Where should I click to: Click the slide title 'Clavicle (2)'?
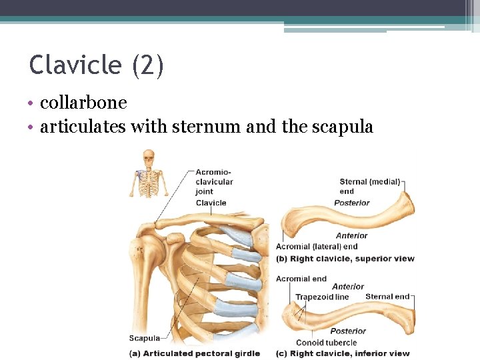(96, 66)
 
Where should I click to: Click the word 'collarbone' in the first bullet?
(83, 103)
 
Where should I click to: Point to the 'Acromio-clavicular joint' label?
(214, 181)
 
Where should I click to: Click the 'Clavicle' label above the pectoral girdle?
(211, 203)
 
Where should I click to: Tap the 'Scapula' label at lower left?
(145, 338)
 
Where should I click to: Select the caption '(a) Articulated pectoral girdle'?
(195, 353)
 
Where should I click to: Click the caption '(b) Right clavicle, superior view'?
(345, 259)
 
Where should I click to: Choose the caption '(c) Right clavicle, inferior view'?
(343, 353)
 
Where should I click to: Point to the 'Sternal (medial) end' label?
(369, 186)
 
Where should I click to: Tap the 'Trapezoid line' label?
(322, 297)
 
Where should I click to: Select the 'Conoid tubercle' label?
(327, 343)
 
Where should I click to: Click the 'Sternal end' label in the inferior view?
(387, 297)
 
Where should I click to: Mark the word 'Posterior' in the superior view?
(352, 203)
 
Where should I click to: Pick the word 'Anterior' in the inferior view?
(348, 287)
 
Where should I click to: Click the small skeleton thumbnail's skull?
(148, 158)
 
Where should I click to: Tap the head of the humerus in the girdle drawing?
(149, 247)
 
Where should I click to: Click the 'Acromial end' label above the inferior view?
(301, 279)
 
